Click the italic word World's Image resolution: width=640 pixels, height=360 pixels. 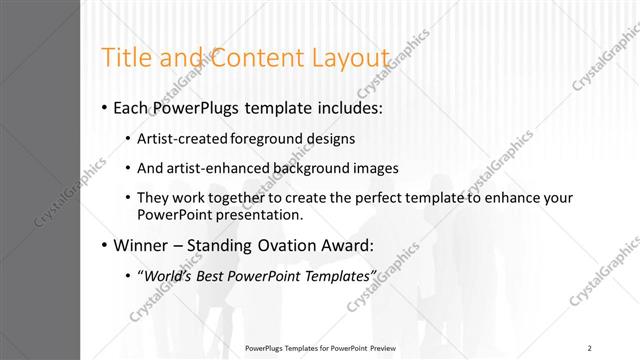click(168, 275)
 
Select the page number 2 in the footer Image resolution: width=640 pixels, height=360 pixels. click(590, 348)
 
